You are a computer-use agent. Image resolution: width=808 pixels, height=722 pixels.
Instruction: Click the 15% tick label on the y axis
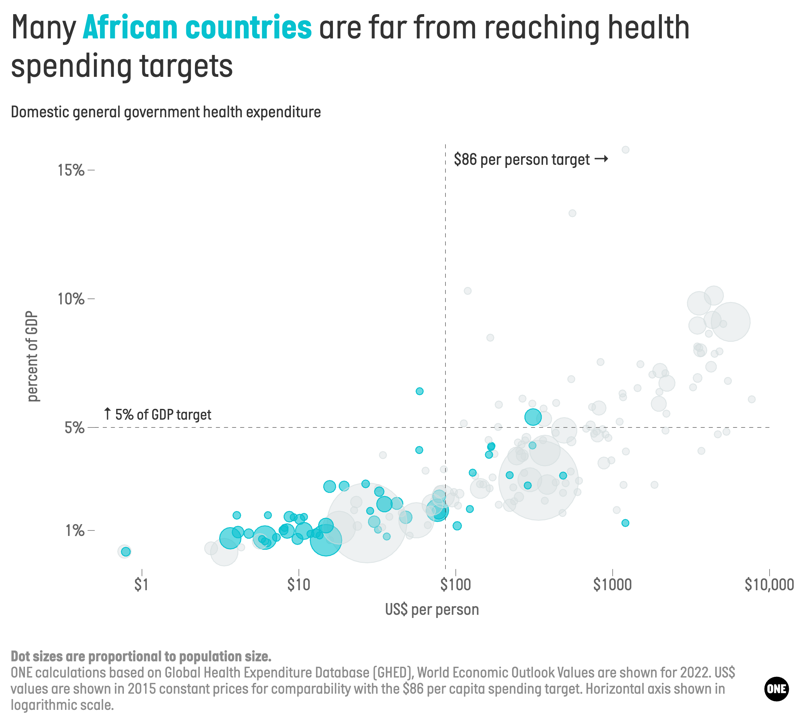(71, 170)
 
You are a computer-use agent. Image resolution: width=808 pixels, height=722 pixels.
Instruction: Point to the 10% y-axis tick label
(71, 299)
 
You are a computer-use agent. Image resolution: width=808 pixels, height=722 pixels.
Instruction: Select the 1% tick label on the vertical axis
(74, 531)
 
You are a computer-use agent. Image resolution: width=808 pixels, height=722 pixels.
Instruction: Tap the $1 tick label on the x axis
(141, 585)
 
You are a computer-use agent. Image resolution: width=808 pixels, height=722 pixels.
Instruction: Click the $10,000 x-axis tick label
(769, 585)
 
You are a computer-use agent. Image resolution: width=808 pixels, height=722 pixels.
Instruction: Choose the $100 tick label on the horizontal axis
(455, 585)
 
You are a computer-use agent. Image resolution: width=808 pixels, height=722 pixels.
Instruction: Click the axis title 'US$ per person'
(432, 609)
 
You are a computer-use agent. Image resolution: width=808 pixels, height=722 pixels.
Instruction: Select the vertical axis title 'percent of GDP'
(33, 356)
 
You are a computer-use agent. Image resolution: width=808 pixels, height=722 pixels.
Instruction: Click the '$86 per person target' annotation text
(521, 159)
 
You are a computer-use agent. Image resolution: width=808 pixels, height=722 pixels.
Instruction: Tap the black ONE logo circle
(776, 689)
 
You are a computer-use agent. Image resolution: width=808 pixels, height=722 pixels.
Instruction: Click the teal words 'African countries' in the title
(197, 28)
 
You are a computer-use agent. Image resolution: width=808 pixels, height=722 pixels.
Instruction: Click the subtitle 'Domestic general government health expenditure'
(166, 112)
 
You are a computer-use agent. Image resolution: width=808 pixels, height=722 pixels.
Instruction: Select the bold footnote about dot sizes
(141, 657)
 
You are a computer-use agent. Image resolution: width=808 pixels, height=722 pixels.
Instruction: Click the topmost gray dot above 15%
(625, 150)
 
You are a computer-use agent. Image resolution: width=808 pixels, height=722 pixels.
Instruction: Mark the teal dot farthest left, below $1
(126, 551)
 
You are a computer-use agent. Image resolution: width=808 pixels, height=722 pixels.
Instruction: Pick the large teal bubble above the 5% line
(533, 417)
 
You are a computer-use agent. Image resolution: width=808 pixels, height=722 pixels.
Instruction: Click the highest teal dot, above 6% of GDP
(419, 391)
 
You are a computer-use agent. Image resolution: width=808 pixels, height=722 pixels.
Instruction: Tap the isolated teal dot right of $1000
(625, 523)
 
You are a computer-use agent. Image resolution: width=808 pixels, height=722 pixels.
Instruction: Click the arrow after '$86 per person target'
(601, 159)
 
